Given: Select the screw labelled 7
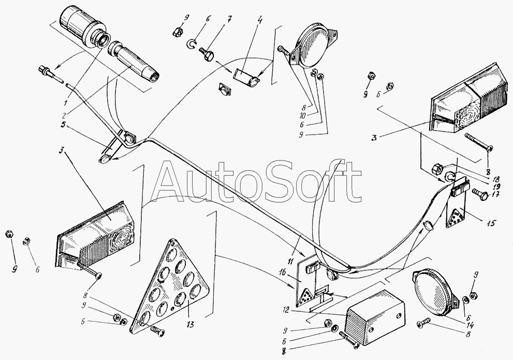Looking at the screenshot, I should pos(206,52).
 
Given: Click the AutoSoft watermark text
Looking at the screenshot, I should pos(258,182).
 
